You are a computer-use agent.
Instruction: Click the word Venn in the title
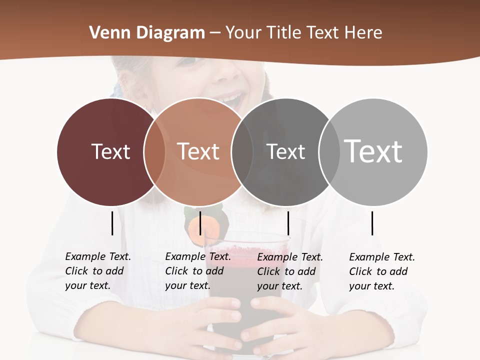(106, 33)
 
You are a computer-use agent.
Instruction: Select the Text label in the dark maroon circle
(110, 151)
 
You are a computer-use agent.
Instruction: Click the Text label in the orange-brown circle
(198, 151)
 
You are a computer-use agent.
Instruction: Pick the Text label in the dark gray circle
(285, 151)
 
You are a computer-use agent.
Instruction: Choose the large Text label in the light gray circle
(373, 151)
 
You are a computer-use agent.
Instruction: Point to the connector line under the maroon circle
(112, 223)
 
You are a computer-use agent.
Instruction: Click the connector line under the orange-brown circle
(200, 223)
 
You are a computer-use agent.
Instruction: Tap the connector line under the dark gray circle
(288, 223)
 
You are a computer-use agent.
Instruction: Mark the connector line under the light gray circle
(372, 223)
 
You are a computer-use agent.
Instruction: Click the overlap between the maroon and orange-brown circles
(154, 151)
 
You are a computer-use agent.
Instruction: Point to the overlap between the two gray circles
(328, 151)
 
